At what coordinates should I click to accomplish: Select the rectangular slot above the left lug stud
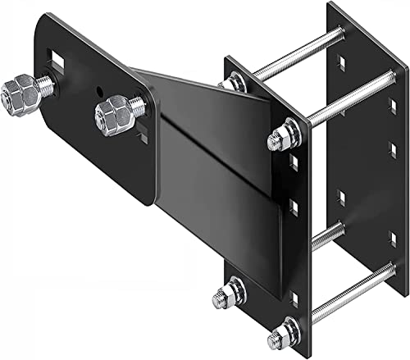click(57, 58)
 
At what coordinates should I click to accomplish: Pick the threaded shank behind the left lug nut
click(48, 82)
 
